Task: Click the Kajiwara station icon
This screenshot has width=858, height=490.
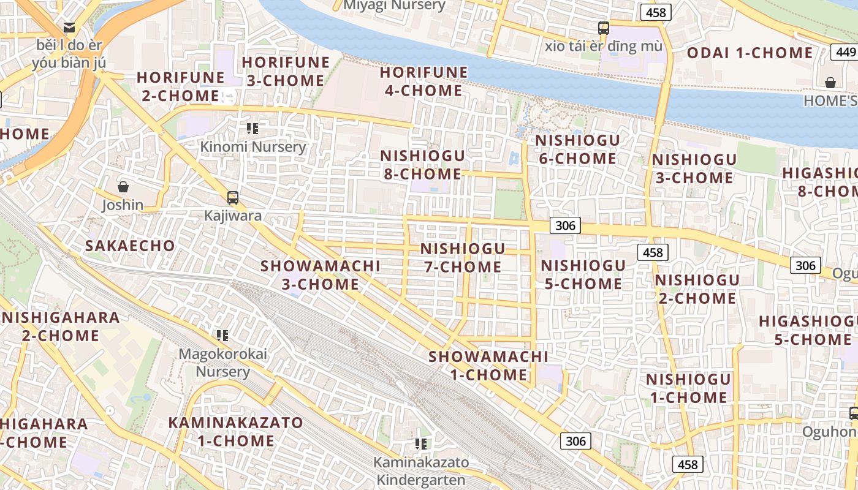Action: coord(233,197)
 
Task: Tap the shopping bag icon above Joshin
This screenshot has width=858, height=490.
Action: coord(123,186)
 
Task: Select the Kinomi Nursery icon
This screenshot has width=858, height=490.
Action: coord(252,129)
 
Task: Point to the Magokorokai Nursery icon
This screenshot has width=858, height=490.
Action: coord(222,335)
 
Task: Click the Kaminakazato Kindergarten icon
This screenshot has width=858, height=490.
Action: coord(420,443)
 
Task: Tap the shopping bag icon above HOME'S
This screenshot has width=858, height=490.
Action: coord(830,82)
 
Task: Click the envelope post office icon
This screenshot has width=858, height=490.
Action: coord(69,28)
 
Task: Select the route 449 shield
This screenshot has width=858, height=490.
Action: coord(845,51)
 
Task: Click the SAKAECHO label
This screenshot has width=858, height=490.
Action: coord(130,246)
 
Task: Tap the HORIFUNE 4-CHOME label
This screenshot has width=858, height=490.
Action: coord(423,81)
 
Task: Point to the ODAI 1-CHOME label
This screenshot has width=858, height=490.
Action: coord(750,53)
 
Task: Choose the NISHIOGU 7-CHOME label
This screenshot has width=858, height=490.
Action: coord(463,258)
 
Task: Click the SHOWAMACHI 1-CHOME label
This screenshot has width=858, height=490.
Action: coord(488,366)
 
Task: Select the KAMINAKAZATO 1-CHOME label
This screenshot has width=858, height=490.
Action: coord(235,432)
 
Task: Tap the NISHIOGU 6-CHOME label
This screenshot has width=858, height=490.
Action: coord(577,149)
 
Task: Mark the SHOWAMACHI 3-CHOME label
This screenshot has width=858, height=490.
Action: coord(320,275)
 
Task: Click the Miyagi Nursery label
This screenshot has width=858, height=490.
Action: coord(394,6)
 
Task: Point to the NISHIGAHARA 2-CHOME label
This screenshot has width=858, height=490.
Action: coord(60,326)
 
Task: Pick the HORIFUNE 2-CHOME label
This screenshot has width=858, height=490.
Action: coord(180,86)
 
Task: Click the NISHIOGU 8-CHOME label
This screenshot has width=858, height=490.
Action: coord(422,165)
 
